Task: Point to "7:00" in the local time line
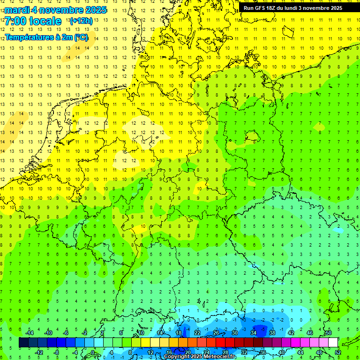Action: pos(15,21)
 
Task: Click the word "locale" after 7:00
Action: pos(45,21)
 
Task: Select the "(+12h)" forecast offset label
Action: pos(81,21)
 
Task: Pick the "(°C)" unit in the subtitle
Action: pos(81,37)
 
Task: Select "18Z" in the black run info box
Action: pos(275,8)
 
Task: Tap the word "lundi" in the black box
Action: pos(297,8)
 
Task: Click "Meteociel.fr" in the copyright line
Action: pos(213,357)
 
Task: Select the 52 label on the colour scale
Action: pos(338,352)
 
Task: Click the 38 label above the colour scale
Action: pos(272,333)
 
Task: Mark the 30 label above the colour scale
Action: pos(234,333)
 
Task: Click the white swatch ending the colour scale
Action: pos(333,343)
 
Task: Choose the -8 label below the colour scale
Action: pos(57,352)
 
